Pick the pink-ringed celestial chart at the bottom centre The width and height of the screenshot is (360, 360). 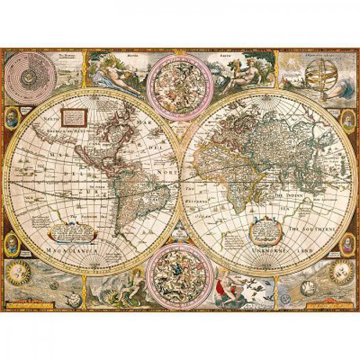click(x=179, y=269)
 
